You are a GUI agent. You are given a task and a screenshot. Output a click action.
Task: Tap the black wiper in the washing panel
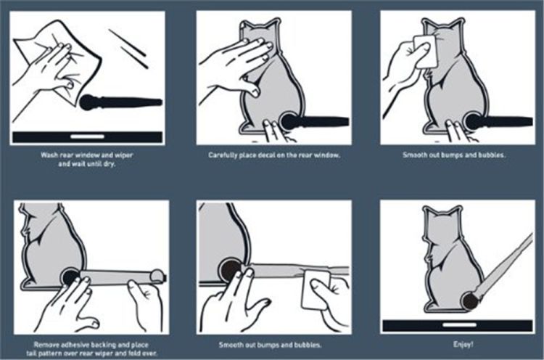click(x=120, y=102)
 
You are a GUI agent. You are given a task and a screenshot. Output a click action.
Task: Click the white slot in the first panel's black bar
click(x=88, y=136)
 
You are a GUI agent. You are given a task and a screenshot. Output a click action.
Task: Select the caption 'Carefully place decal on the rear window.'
click(x=274, y=155)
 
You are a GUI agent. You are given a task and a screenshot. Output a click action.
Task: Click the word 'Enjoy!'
click(x=463, y=344)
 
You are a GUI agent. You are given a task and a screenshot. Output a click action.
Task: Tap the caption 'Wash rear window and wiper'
click(x=87, y=155)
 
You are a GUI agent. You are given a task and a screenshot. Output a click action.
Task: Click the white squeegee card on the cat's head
click(x=426, y=51)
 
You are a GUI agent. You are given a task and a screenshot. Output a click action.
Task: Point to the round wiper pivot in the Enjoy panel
click(x=471, y=301)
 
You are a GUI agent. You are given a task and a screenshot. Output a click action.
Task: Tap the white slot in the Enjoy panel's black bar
click(x=460, y=325)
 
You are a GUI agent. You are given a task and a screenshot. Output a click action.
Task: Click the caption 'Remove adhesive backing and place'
click(x=91, y=345)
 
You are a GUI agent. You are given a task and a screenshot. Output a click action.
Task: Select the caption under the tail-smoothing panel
click(x=270, y=345)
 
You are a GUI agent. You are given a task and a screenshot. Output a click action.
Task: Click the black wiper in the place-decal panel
click(x=315, y=122)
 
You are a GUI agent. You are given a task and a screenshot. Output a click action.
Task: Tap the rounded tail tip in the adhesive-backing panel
click(x=157, y=276)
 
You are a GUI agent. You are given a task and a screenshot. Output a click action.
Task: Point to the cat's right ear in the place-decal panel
click(x=273, y=25)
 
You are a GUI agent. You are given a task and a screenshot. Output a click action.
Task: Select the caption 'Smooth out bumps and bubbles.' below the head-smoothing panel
click(x=454, y=155)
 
